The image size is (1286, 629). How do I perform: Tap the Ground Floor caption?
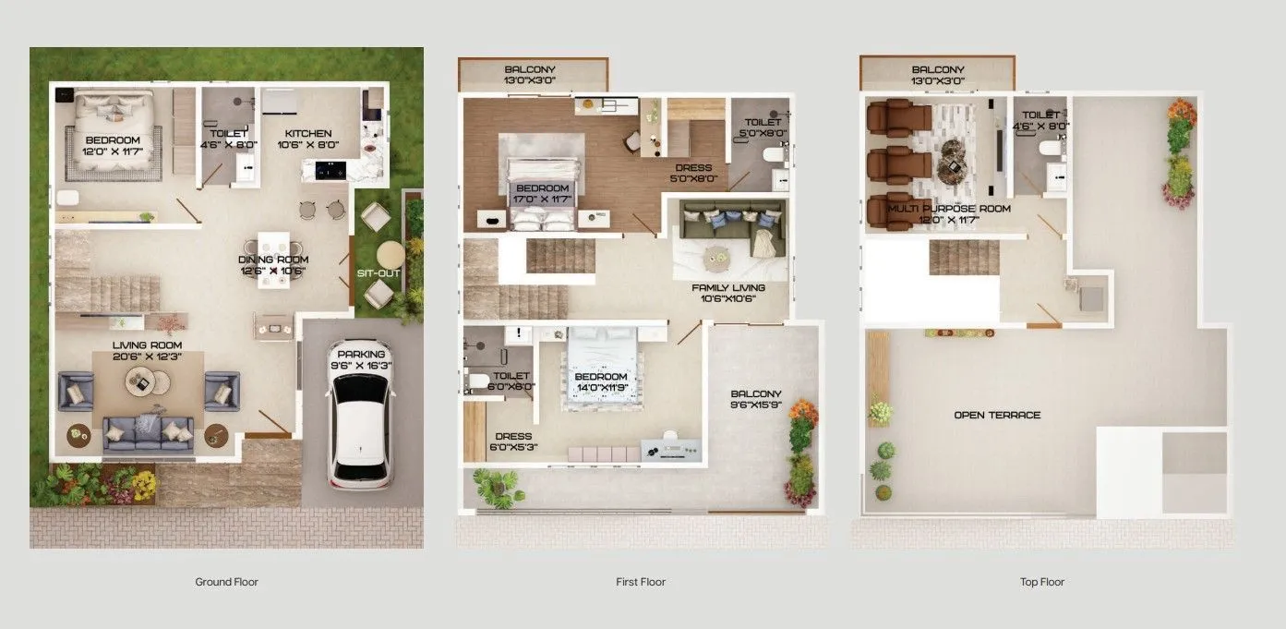[226, 582]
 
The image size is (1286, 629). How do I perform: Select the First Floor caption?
[641, 582]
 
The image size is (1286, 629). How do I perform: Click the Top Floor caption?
[1042, 582]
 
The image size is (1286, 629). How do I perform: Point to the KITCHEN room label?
[307, 133]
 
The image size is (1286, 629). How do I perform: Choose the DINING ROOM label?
[273, 260]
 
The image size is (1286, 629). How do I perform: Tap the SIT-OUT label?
[379, 273]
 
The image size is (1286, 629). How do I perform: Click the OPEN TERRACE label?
[997, 416]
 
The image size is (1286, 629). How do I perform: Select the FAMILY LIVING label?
[729, 288]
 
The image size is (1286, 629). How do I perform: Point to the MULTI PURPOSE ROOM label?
[949, 209]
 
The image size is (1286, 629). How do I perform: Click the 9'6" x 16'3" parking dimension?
[361, 366]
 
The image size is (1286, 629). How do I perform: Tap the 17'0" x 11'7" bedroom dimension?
[543, 200]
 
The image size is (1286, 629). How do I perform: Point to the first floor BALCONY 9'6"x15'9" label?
[755, 400]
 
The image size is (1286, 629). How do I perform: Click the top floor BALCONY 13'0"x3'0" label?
[937, 76]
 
